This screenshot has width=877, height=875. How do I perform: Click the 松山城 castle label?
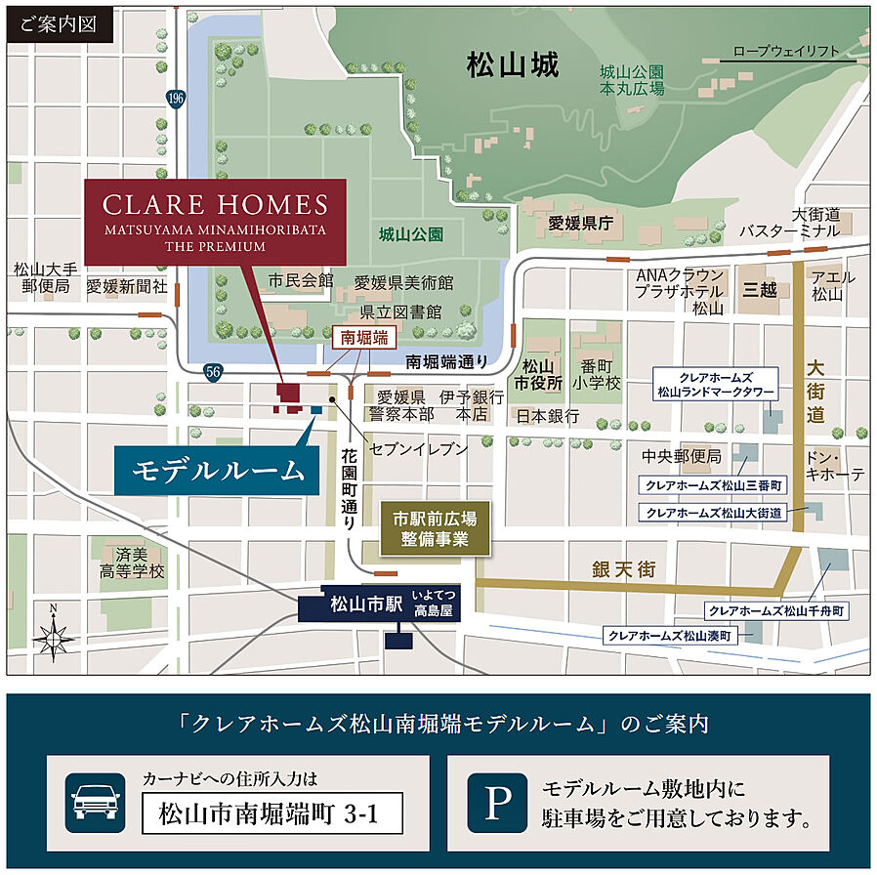(513, 66)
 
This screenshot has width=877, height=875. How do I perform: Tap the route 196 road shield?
(176, 98)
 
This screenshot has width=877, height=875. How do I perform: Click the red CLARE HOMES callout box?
(215, 220)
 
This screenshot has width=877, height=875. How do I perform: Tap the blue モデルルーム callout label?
(218, 471)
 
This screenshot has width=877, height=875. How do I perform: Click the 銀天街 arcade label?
(623, 569)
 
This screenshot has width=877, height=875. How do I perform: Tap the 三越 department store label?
(759, 290)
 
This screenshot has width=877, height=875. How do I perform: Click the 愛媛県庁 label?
(579, 224)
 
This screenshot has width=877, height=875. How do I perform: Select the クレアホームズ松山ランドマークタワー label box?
(716, 384)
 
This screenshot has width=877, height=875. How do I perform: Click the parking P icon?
(497, 802)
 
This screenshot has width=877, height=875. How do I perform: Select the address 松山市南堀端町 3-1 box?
(271, 812)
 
